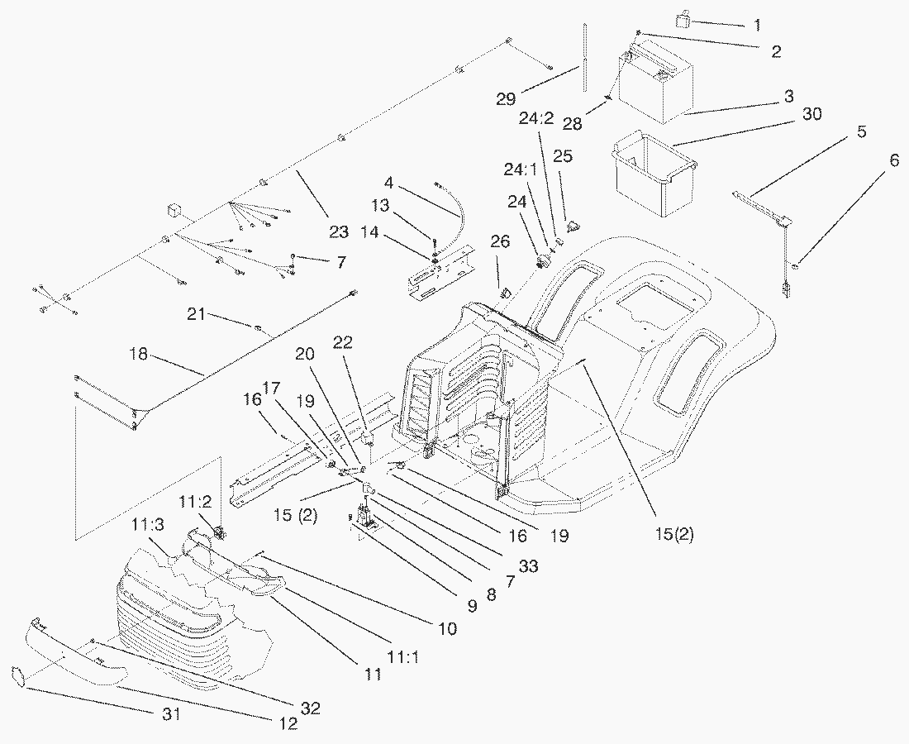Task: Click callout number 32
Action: pyautogui.click(x=311, y=708)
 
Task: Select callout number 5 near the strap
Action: pyautogui.click(x=861, y=131)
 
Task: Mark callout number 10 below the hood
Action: pyautogui.click(x=446, y=629)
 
